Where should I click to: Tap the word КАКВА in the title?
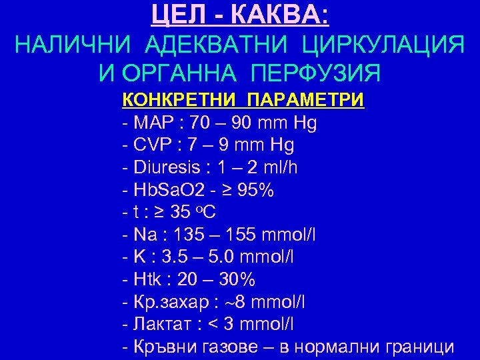[286, 15]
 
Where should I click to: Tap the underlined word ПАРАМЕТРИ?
[305, 101]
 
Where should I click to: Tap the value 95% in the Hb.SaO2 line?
[256, 190]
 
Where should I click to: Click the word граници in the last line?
[421, 347]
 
